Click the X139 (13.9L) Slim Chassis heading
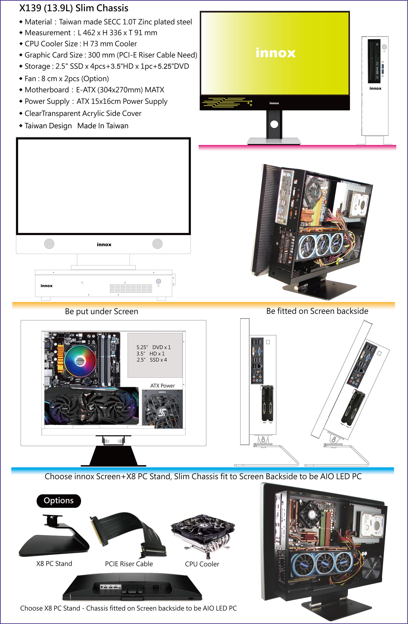(74, 8)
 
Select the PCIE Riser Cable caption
(129, 563)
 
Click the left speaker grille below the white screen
(49, 244)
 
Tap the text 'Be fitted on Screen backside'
(317, 311)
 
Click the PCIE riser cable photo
(129, 535)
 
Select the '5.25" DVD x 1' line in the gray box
(153, 347)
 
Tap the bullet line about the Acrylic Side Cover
(80, 114)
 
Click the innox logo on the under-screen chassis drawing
(46, 285)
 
